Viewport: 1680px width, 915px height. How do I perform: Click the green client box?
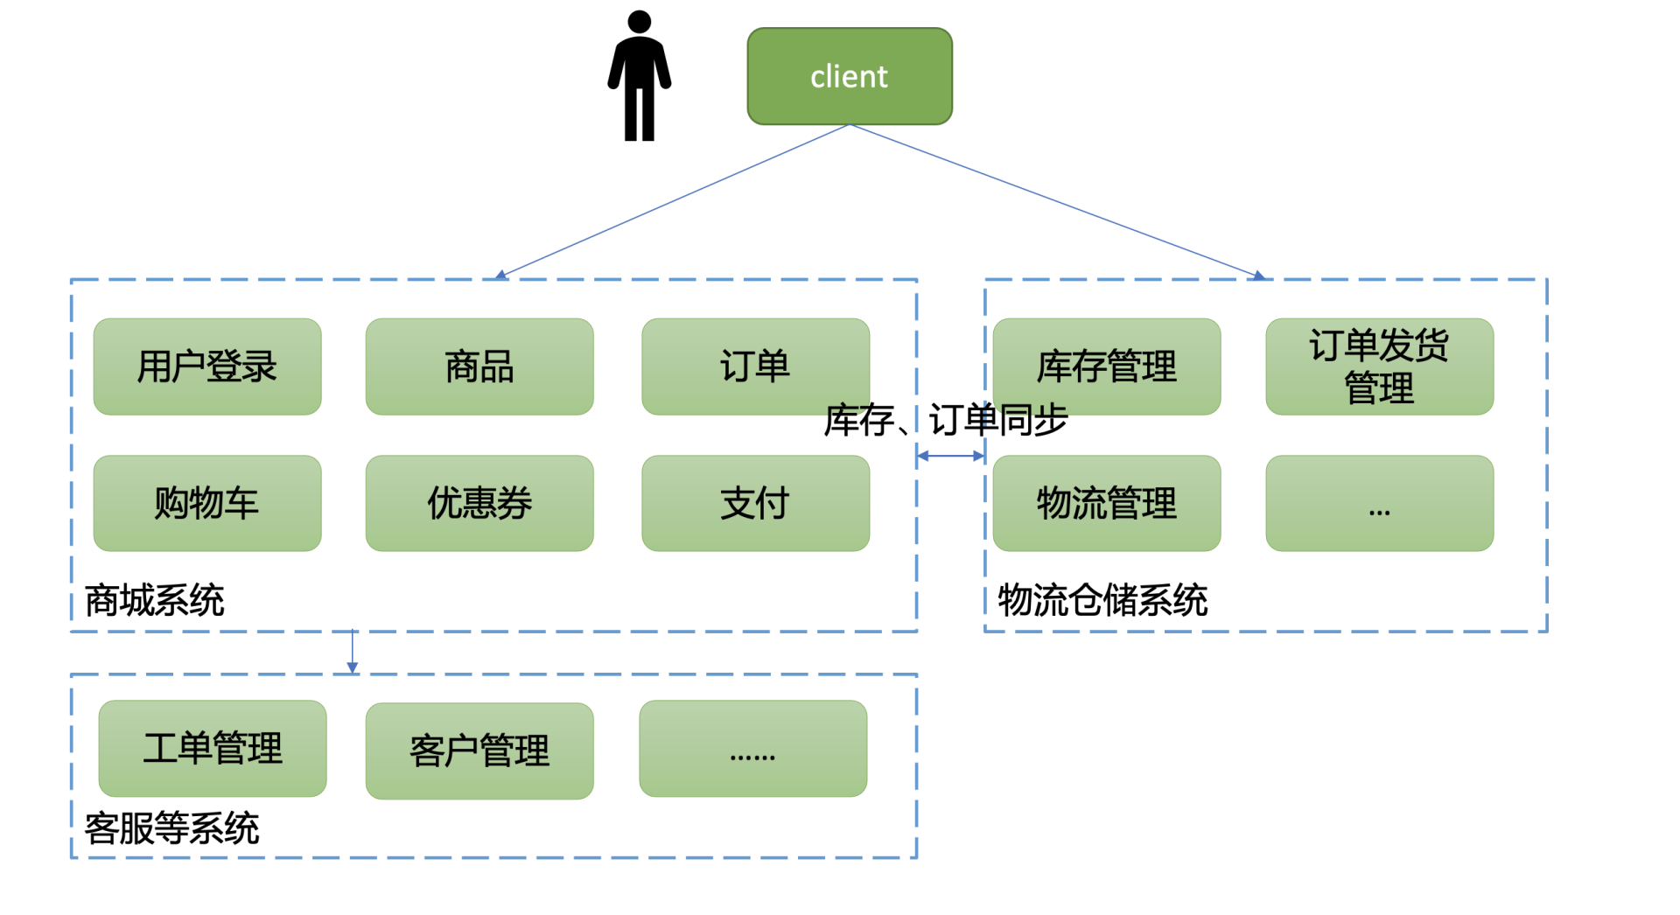pos(849,76)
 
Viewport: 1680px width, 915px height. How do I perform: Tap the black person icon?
pos(640,76)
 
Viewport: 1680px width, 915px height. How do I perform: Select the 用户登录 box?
pos(207,367)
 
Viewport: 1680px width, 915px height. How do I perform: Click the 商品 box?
pos(479,367)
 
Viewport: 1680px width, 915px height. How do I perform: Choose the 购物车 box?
pos(207,503)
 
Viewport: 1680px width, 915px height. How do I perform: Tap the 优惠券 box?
pos(479,503)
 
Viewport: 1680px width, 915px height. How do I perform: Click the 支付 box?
pos(755,503)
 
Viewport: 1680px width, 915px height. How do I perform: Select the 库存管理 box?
pos(1107,367)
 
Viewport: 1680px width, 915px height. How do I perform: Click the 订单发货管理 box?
pos(1379,367)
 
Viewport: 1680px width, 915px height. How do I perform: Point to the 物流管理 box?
pos(1107,503)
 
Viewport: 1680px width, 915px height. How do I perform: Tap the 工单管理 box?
pos(213,748)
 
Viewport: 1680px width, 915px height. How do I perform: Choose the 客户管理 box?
pos(479,751)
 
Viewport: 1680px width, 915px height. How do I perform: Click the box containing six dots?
pos(752,748)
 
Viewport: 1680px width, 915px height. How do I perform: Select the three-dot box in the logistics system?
pos(1379,503)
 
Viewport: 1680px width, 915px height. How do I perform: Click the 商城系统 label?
pos(155,601)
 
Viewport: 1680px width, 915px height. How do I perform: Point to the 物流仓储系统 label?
pos(1102,601)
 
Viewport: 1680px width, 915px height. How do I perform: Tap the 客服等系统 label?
pos(172,828)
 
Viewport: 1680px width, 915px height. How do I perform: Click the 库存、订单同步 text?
pos(946,421)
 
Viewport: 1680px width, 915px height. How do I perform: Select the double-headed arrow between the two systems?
pos(950,456)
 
